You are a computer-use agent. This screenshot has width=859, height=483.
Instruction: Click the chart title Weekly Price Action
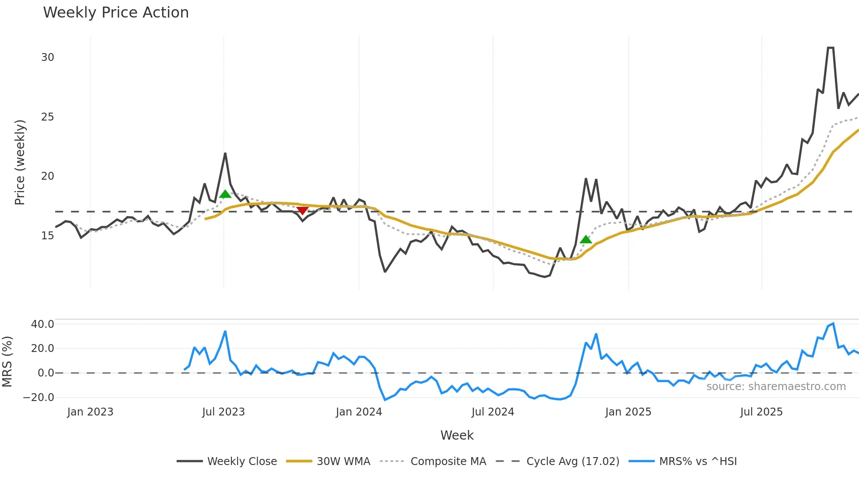click(x=116, y=13)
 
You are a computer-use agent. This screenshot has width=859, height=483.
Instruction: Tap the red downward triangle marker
click(x=302, y=211)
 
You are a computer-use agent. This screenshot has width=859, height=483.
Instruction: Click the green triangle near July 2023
click(x=225, y=194)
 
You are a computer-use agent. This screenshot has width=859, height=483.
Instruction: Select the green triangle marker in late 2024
click(x=586, y=239)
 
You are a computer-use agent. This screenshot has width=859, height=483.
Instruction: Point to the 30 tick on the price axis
click(x=48, y=57)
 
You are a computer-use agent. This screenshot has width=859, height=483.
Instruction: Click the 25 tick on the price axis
click(x=48, y=117)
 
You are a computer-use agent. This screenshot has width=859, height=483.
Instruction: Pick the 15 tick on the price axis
click(x=48, y=236)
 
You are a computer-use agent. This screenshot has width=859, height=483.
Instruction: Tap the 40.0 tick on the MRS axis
click(x=43, y=324)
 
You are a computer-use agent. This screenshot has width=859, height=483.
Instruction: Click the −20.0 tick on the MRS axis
click(x=39, y=398)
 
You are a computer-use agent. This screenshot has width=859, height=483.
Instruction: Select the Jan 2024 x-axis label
click(x=359, y=412)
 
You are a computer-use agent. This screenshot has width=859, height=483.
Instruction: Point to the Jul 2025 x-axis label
click(x=761, y=412)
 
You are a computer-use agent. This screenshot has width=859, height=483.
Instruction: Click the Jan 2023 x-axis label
click(x=90, y=412)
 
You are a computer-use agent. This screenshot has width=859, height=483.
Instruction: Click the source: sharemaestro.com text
click(x=776, y=387)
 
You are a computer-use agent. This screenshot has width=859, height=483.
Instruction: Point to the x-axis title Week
click(x=457, y=435)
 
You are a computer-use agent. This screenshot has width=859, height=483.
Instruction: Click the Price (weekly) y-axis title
click(x=20, y=162)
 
